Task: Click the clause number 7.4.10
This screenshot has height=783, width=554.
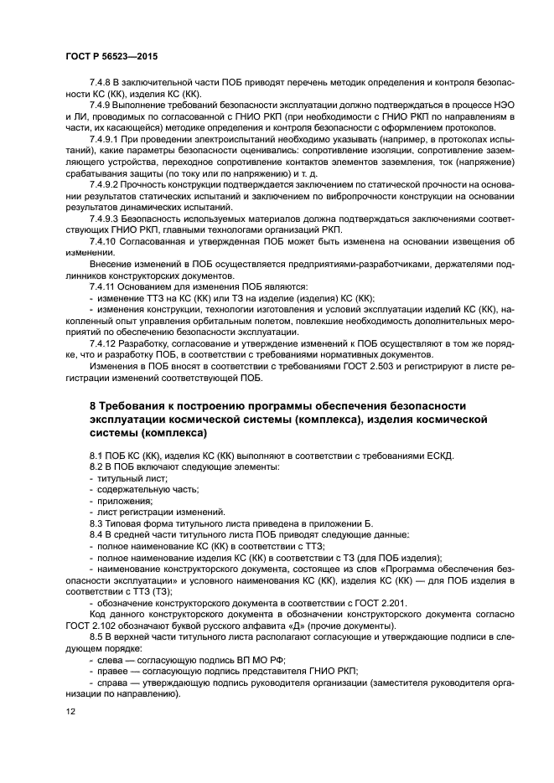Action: point(105,240)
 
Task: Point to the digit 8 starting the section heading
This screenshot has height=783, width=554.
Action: point(93,405)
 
